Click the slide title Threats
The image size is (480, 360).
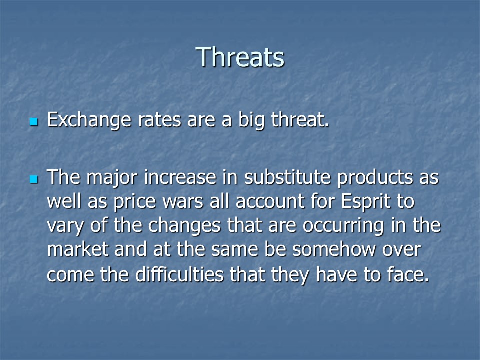click(240, 57)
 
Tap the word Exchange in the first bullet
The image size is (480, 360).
click(89, 120)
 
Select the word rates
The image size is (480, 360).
click(159, 120)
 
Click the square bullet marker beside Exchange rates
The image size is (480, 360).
click(34, 122)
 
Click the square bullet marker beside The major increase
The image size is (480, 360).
click(34, 179)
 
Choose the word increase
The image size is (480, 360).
click(180, 177)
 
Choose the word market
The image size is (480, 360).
click(78, 249)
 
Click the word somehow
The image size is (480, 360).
click(334, 249)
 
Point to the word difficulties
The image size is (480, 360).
click(179, 274)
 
